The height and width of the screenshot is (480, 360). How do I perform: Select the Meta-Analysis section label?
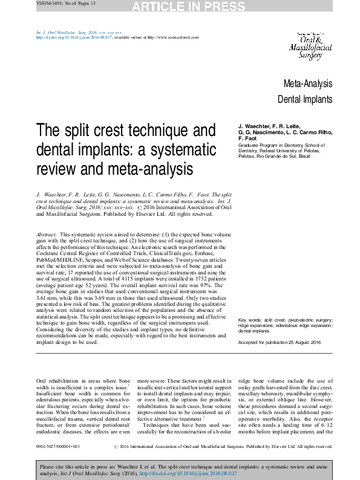point(307,83)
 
